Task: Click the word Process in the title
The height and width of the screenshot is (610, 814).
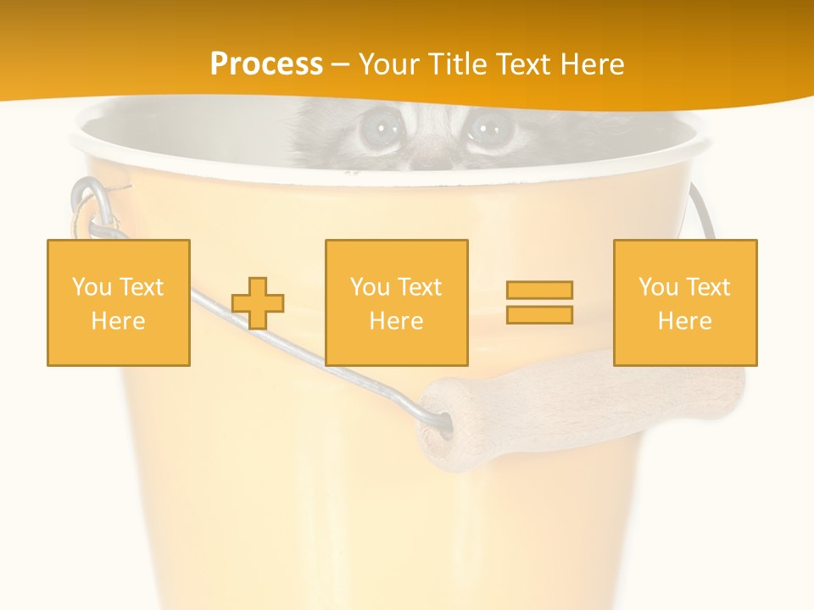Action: [266, 64]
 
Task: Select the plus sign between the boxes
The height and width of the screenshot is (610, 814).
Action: [258, 302]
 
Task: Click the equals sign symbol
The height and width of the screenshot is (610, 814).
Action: [539, 302]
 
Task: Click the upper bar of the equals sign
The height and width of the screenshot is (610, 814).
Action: [539, 291]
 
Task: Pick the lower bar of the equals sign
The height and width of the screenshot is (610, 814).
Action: [539, 314]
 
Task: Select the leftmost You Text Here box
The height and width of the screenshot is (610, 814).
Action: [119, 302]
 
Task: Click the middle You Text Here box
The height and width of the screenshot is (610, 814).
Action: [396, 302]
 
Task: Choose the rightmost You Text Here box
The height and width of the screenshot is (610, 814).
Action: [684, 302]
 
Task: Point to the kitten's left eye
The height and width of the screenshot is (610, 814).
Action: [377, 130]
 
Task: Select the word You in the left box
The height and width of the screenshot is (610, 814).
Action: [91, 287]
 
